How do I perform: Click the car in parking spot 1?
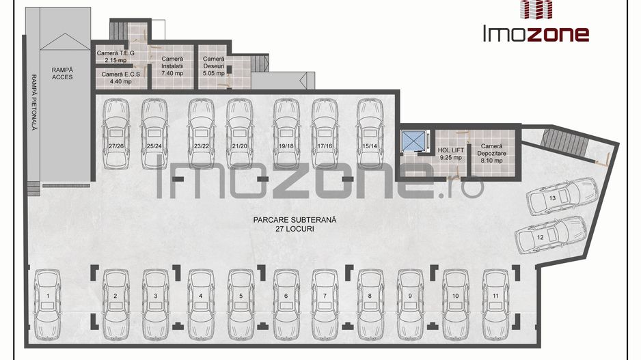click(x=47, y=305)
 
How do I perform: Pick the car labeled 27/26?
click(x=116, y=134)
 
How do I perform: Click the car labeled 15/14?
click(x=370, y=134)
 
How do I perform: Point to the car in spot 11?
click(x=495, y=305)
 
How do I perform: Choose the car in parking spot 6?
click(x=286, y=305)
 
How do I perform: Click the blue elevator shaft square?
click(x=413, y=141)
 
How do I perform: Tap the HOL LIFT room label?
click(x=450, y=154)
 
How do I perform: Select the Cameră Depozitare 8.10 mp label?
click(x=491, y=153)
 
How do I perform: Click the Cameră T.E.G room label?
click(x=115, y=57)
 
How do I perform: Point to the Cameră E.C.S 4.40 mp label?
click(x=120, y=78)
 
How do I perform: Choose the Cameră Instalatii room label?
click(x=172, y=66)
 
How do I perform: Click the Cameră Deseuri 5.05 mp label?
click(x=214, y=66)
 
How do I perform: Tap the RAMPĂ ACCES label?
click(x=63, y=74)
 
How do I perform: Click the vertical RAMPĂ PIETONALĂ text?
click(x=34, y=102)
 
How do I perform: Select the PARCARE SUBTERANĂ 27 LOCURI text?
click(x=295, y=224)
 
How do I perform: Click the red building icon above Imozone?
click(x=536, y=10)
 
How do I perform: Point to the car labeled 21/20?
click(x=240, y=134)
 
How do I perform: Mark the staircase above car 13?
click(x=564, y=143)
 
